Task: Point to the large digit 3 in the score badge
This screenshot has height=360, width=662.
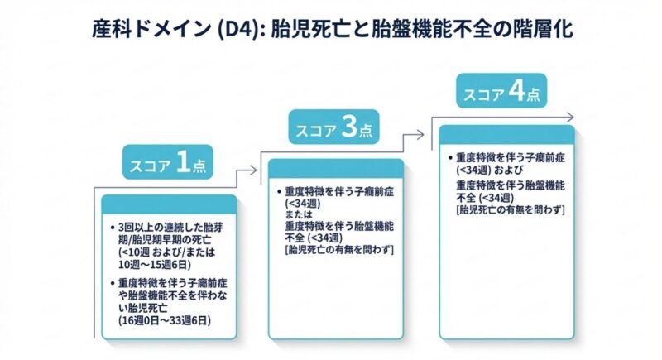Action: [x=349, y=128]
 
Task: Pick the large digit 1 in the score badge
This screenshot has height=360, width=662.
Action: [x=183, y=164]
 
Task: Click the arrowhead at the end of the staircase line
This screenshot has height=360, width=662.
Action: [x=570, y=116]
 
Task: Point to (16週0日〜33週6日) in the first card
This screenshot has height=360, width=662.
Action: [x=164, y=319]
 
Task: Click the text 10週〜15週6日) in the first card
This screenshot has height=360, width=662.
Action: [x=155, y=265]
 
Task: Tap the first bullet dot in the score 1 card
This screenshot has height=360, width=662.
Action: [x=112, y=228]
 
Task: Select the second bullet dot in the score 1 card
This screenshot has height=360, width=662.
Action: [x=112, y=283]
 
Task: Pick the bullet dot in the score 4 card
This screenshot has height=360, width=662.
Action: [x=449, y=157]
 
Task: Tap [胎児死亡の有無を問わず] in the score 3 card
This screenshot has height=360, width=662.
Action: [x=338, y=248]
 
